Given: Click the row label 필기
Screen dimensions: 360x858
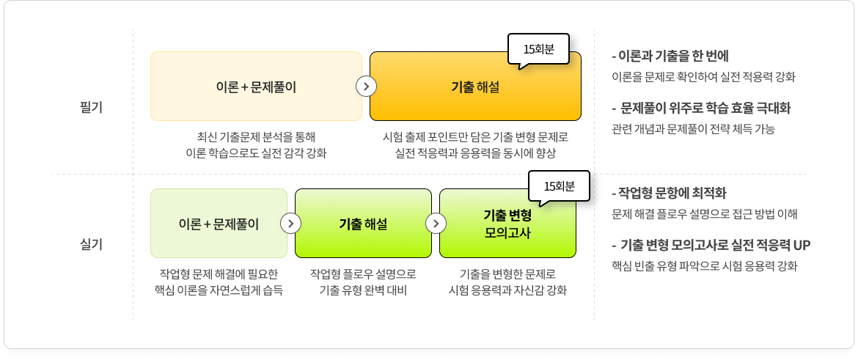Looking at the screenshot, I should click(x=91, y=107).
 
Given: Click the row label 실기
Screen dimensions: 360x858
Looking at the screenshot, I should click(x=91, y=244).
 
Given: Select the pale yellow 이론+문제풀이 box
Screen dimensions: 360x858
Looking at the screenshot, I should click(x=256, y=86).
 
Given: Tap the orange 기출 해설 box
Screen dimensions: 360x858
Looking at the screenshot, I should click(x=475, y=86).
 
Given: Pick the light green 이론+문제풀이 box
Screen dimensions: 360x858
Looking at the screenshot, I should click(x=219, y=224).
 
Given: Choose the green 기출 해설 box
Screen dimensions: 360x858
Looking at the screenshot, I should click(x=363, y=224).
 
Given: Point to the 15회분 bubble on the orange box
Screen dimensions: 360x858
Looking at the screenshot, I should click(x=538, y=49).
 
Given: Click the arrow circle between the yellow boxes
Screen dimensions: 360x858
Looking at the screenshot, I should click(x=366, y=86).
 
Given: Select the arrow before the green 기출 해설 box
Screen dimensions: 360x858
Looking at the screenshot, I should click(x=291, y=224).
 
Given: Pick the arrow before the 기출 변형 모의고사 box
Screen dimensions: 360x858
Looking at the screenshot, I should click(x=436, y=224).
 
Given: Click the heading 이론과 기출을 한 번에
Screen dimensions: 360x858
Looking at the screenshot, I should click(x=670, y=56).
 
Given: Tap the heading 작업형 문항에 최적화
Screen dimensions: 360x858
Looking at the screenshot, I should click(x=668, y=193).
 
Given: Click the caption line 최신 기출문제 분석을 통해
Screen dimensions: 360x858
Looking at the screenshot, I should click(x=256, y=136).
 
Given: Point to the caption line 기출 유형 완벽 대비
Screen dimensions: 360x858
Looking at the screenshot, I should click(x=363, y=290).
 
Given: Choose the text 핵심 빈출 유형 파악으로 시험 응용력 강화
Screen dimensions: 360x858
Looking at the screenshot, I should click(x=704, y=265).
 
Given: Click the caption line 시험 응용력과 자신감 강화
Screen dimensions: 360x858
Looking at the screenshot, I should click(x=507, y=290).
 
